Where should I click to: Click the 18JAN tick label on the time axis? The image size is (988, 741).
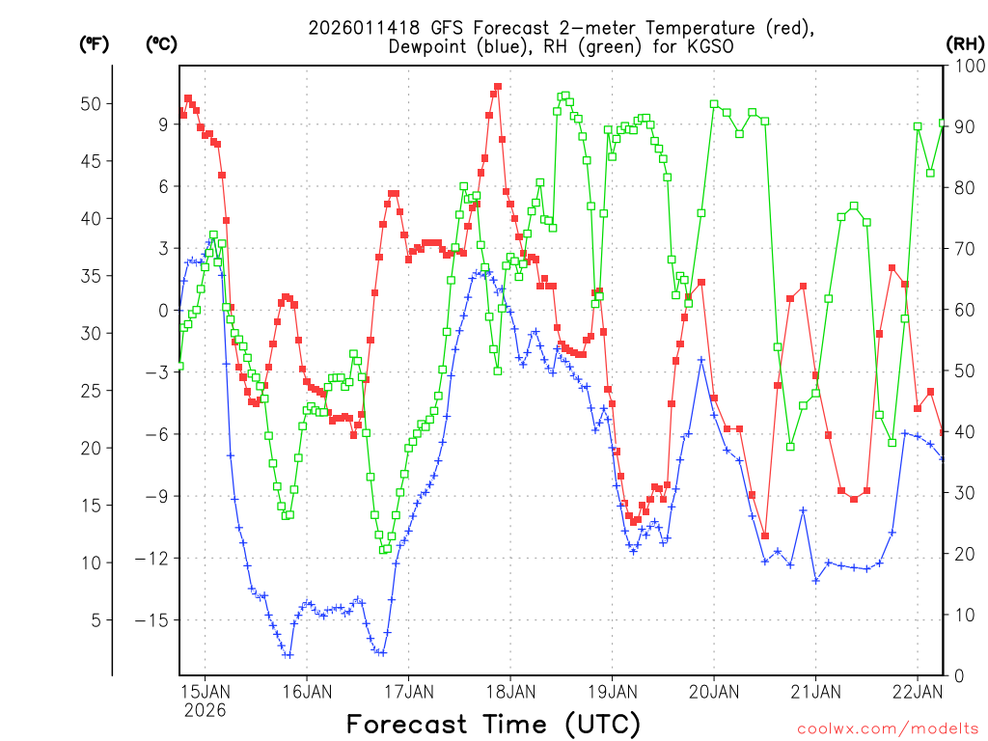(x=509, y=691)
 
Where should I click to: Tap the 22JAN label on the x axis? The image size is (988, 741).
(x=918, y=691)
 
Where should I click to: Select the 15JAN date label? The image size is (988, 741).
(x=205, y=691)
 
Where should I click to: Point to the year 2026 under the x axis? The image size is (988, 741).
(x=205, y=710)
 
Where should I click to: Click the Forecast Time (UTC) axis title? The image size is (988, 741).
(x=493, y=724)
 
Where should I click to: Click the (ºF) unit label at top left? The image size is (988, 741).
(x=94, y=43)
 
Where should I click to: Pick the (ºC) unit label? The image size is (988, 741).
(x=161, y=43)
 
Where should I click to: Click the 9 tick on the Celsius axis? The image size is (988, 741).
(x=164, y=123)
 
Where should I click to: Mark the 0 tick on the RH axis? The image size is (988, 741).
(x=958, y=674)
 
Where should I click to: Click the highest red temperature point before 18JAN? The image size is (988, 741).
(x=498, y=87)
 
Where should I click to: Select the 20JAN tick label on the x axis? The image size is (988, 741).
(x=714, y=691)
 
